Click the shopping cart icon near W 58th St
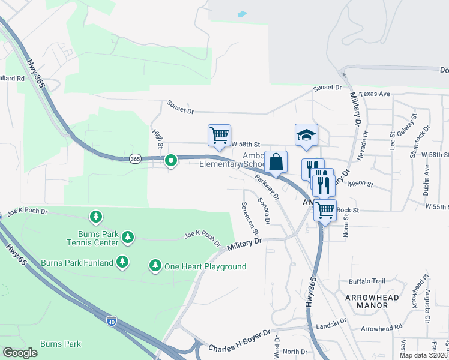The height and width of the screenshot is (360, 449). click(219, 135)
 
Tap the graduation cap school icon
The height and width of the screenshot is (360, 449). click(306, 134)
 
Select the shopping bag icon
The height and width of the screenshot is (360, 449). click(276, 162)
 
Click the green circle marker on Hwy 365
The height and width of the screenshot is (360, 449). click(171, 160)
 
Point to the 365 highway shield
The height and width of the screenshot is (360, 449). click(135, 158)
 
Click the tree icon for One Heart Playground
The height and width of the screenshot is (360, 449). click(155, 265)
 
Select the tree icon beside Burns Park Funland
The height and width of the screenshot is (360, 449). click(122, 262)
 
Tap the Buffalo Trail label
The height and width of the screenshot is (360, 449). click(367, 281)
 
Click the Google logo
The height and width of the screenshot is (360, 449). click(20, 353)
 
